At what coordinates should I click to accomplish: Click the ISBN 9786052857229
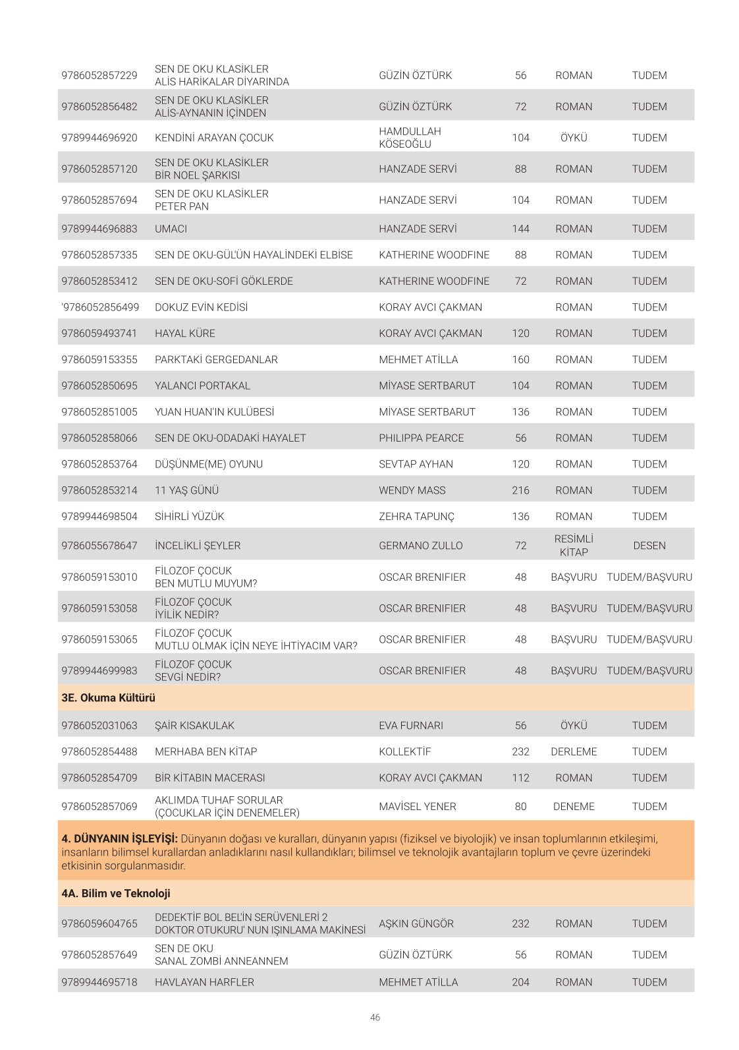click(99, 75)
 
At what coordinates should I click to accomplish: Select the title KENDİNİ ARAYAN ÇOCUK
click(214, 138)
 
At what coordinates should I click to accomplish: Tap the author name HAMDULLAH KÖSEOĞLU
click(410, 138)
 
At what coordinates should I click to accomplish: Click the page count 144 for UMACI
click(520, 229)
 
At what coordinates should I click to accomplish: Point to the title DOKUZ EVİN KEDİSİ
click(201, 307)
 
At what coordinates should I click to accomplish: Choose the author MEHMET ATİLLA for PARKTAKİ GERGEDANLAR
click(418, 359)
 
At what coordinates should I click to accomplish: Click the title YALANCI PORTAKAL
click(202, 386)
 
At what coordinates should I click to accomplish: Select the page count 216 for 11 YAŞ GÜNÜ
click(520, 490)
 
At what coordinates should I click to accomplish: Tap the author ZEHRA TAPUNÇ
click(416, 517)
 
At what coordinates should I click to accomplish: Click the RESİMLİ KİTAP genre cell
click(574, 546)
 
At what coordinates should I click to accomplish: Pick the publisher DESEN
click(649, 546)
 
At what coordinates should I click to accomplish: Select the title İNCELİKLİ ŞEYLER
click(198, 546)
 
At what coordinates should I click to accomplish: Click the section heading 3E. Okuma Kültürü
click(109, 697)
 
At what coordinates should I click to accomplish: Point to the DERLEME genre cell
click(574, 751)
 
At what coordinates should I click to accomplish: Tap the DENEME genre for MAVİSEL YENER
click(574, 806)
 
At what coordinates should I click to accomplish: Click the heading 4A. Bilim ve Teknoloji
click(116, 893)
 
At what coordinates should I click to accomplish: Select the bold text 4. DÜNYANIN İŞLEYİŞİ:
click(119, 838)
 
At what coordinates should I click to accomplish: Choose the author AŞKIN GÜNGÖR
click(416, 923)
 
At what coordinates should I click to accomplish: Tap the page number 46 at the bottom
click(375, 1018)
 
